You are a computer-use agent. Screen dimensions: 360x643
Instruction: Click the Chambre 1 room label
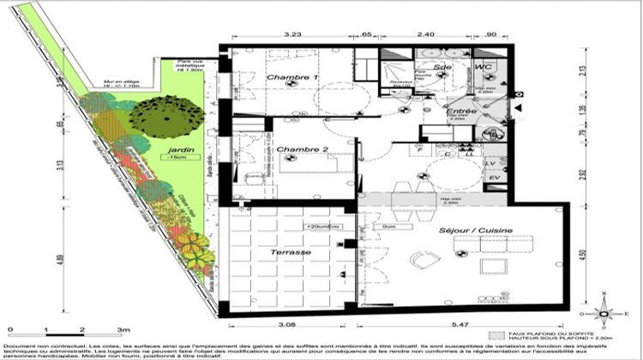[x=286, y=78]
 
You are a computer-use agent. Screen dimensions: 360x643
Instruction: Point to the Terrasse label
[x=289, y=255]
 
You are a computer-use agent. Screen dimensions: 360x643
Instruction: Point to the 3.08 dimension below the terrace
[x=289, y=327]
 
